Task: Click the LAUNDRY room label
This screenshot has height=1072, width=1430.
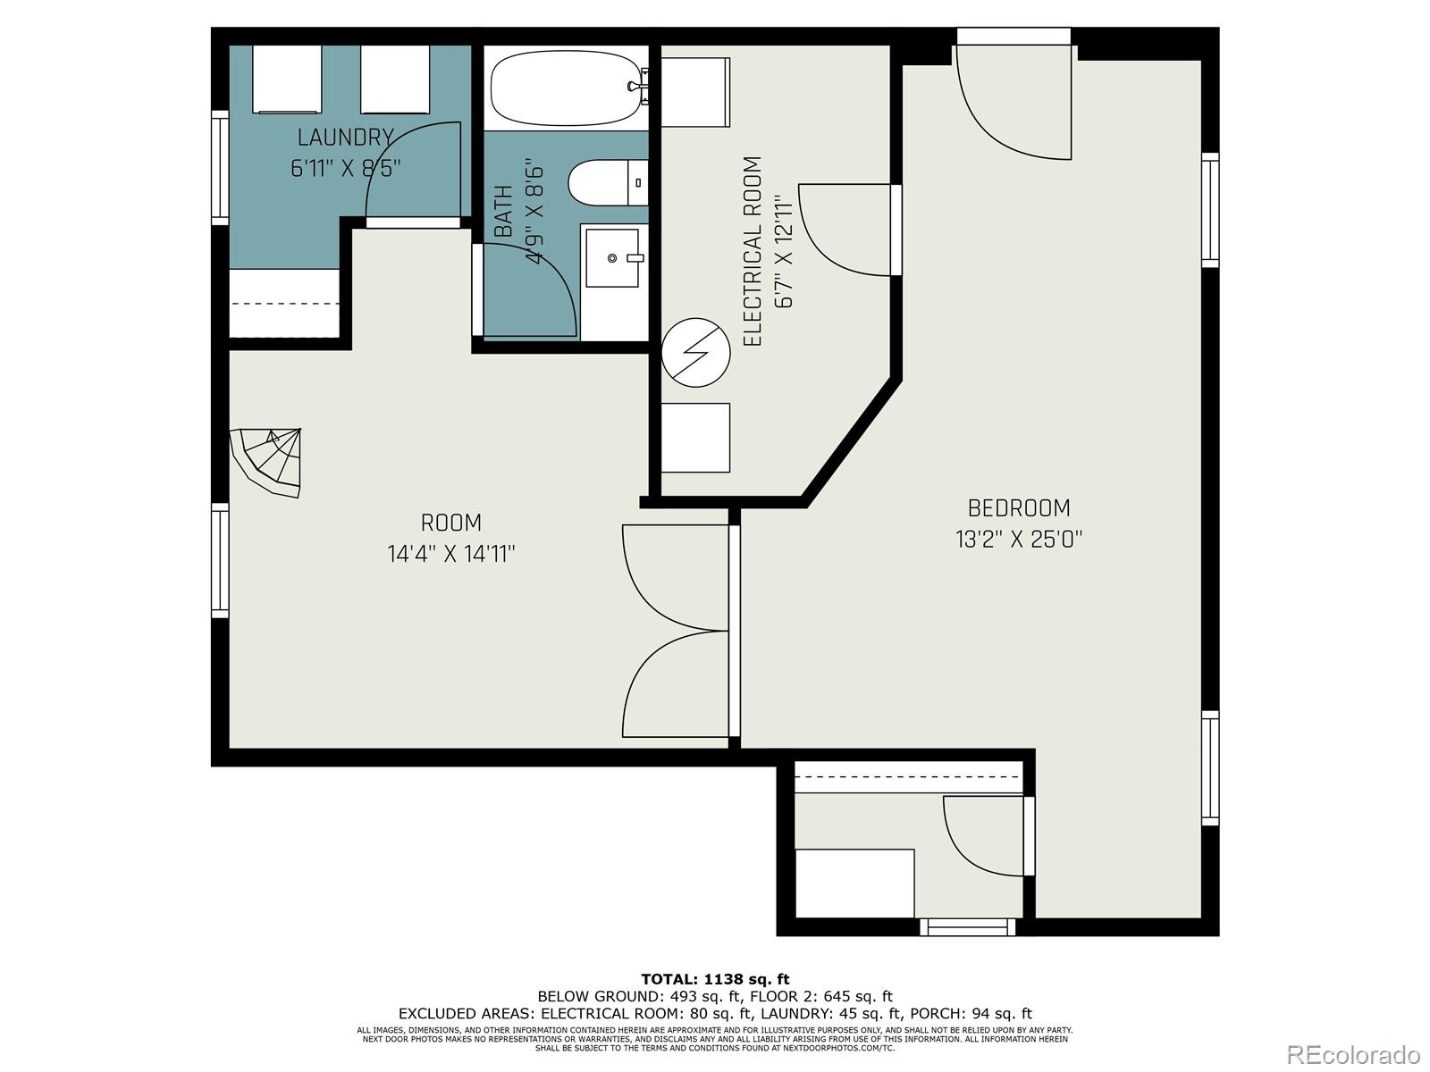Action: point(345,138)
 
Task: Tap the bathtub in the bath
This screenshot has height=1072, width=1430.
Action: point(566,88)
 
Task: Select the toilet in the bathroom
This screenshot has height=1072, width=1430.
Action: point(607,183)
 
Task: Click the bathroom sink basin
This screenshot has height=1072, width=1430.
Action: point(611,258)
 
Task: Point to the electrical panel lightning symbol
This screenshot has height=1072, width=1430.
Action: point(695,353)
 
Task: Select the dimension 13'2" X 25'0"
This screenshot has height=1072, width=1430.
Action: point(1019,540)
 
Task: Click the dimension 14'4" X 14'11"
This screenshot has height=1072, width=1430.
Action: point(450,554)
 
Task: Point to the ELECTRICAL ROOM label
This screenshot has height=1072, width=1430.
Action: point(753,251)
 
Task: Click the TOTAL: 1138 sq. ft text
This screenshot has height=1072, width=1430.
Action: point(715,979)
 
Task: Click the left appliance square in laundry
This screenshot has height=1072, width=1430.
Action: point(287,80)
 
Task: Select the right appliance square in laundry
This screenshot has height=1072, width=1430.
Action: point(395,80)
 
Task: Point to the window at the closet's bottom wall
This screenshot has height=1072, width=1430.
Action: point(967,927)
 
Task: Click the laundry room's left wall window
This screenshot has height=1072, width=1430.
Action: point(220,168)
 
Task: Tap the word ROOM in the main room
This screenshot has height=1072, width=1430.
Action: point(450,523)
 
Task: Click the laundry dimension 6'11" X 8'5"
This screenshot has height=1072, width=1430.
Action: point(345,169)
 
